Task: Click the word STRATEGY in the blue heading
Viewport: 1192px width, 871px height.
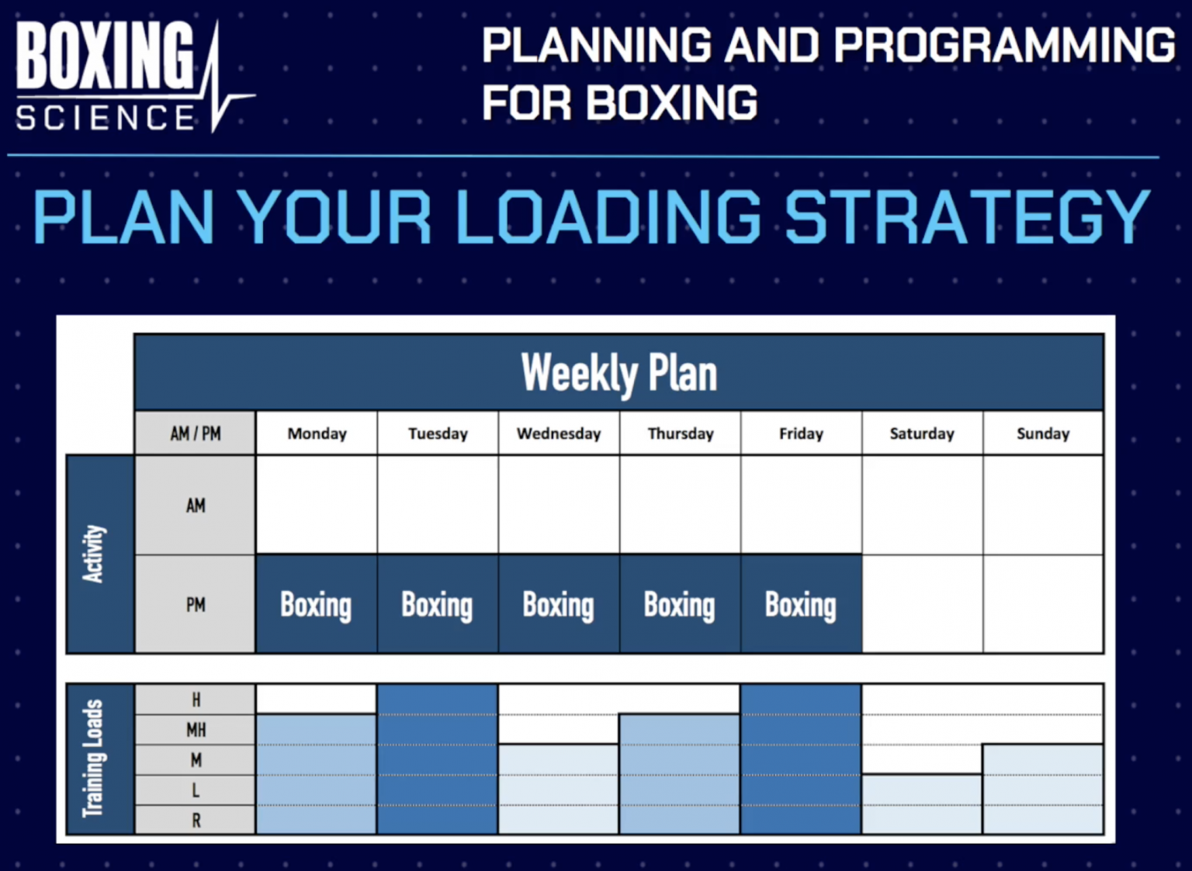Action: [966, 217]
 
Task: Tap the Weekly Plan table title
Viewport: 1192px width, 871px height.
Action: [619, 373]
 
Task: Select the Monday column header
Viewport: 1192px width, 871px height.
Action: [317, 434]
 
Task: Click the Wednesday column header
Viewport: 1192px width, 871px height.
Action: [559, 434]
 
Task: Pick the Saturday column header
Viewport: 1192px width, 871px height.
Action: [922, 434]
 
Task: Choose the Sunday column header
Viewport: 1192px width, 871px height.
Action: [1043, 434]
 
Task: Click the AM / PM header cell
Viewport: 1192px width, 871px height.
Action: [195, 434]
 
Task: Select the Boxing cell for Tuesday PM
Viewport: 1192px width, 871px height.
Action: [437, 604]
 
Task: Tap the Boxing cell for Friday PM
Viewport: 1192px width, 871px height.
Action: [801, 604]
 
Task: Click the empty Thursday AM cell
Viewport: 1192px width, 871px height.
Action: [680, 505]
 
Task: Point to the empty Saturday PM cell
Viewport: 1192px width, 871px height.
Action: [922, 604]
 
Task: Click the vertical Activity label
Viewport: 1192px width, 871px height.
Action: [94, 554]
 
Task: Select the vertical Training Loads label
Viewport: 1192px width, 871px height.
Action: [94, 759]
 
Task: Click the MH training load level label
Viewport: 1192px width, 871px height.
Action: [196, 730]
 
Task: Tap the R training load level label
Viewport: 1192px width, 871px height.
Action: [196, 820]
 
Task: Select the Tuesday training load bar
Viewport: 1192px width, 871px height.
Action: [437, 759]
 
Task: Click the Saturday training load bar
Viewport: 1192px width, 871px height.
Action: [922, 804]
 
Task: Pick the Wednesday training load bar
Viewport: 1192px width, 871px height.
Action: [559, 790]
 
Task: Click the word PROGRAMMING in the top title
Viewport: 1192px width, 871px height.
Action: [1004, 45]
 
